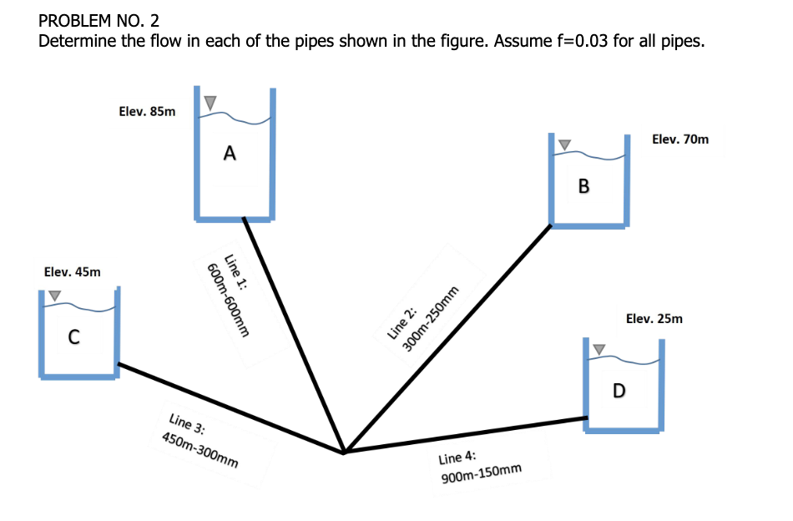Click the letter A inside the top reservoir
coord(230,153)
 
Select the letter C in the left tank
coord(73,337)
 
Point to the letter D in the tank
coord(619,390)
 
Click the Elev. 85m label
coord(148,111)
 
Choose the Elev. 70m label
coord(680,139)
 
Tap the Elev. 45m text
coord(72,271)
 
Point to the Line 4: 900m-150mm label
coord(479,468)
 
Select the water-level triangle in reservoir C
coord(54,295)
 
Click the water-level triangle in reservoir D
coord(598,347)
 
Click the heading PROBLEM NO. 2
coord(99,20)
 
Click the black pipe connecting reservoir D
coord(467,434)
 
